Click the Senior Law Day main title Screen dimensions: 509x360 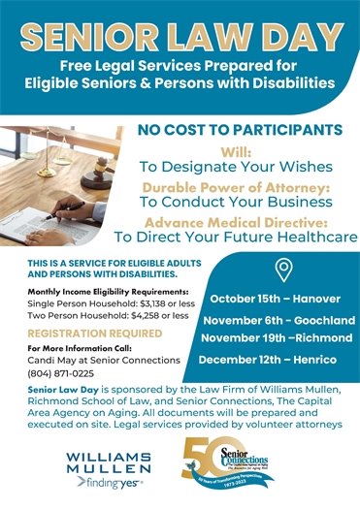pos(180,35)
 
